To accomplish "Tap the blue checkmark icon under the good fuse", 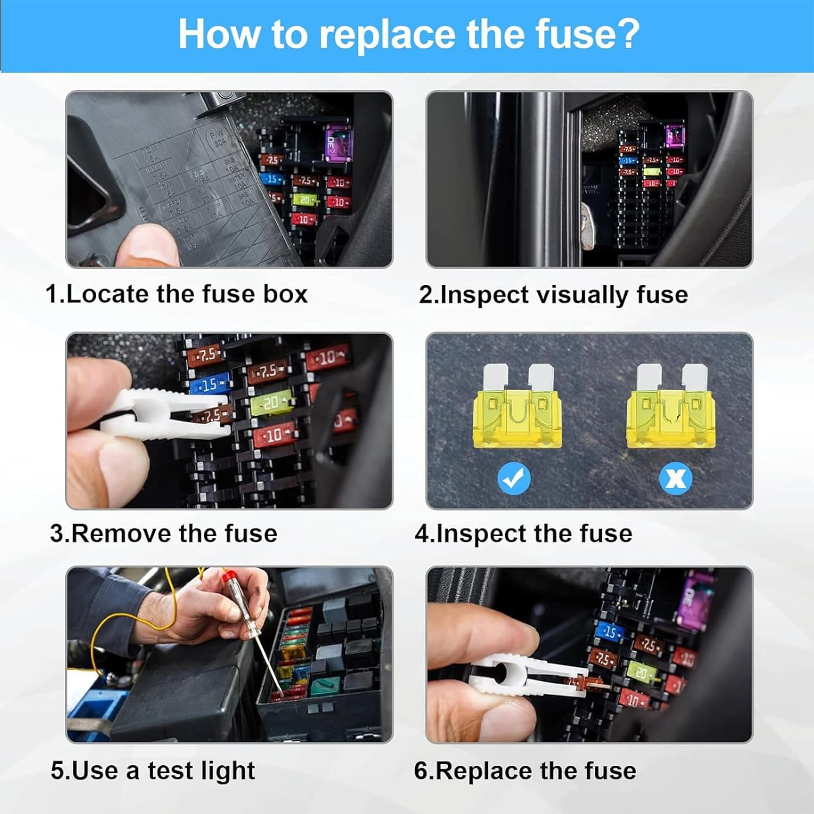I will (x=514, y=478).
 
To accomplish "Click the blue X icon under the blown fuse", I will (x=676, y=478).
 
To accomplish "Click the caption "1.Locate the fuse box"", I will (x=176, y=294).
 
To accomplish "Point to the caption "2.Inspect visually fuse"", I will (x=553, y=295).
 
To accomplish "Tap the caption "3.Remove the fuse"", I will (x=163, y=533).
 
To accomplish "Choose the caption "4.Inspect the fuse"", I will (x=523, y=533).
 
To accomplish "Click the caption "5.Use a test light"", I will (x=152, y=771).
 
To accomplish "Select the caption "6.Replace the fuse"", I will (x=525, y=771).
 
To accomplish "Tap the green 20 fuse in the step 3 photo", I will (x=272, y=402).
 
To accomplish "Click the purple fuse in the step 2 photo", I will (x=675, y=135).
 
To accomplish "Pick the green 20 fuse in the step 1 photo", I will (x=306, y=200).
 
